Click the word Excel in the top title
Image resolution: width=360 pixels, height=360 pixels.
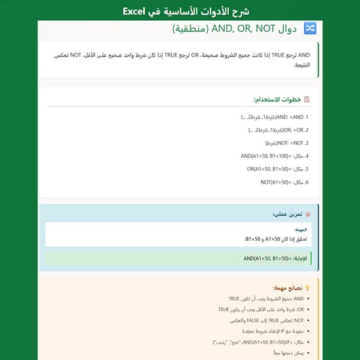click(135, 11)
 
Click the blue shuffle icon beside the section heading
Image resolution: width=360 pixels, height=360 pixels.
click(310, 29)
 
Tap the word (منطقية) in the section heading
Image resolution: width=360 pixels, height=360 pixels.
click(189, 29)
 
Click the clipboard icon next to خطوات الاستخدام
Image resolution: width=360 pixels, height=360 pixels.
click(307, 99)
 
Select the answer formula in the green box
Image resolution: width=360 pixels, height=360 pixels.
click(277, 258)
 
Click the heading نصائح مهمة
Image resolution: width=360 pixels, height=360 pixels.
click(287, 287)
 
